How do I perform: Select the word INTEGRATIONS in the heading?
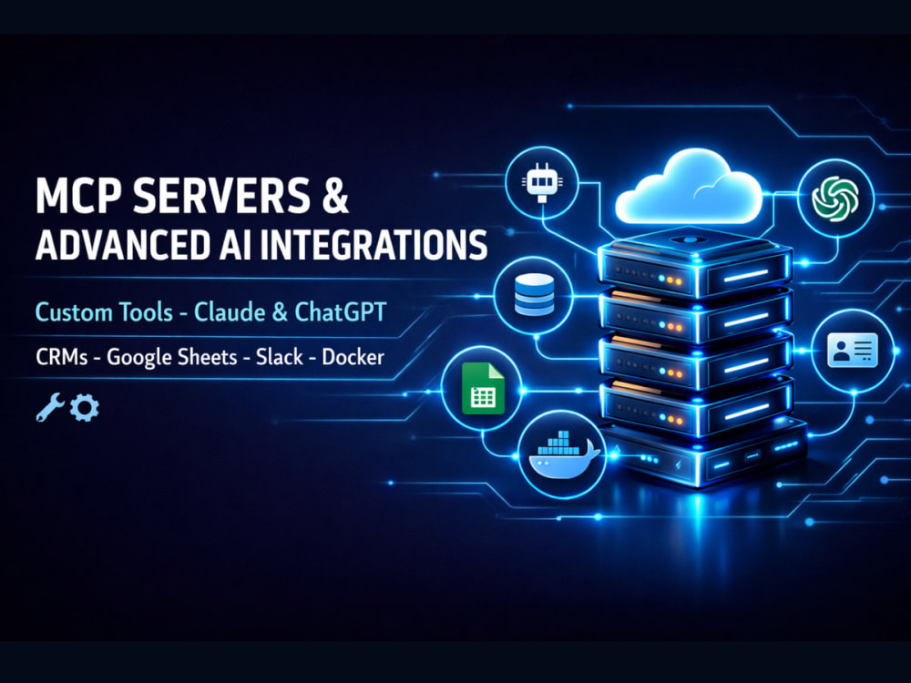click(x=374, y=245)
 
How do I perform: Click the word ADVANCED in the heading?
click(x=122, y=245)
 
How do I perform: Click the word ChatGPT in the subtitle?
click(x=341, y=311)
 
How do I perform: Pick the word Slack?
click(x=280, y=357)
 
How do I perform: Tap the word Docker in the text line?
click(x=353, y=357)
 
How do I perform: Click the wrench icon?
click(x=49, y=407)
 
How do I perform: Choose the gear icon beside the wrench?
click(x=85, y=408)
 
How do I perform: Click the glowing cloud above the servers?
click(x=689, y=186)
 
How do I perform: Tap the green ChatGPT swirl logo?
click(x=835, y=199)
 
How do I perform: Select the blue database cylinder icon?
click(x=534, y=295)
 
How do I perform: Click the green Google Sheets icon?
click(x=482, y=388)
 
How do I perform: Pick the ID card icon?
click(x=853, y=351)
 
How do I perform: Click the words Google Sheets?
click(x=172, y=357)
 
